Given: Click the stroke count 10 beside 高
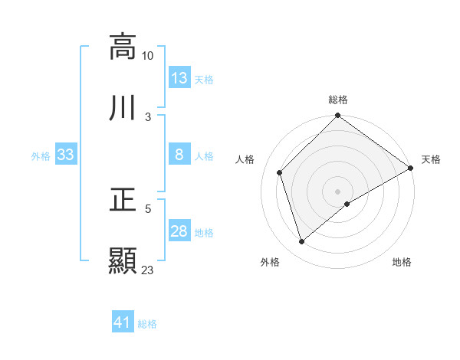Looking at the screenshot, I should [148, 55].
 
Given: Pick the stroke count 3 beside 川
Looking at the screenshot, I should [148, 117].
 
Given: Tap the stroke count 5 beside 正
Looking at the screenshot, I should [148, 208].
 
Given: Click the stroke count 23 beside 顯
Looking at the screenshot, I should [148, 270].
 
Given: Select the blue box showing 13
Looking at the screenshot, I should [179, 77].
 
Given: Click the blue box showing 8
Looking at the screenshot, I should [179, 155].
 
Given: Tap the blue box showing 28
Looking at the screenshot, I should [179, 231].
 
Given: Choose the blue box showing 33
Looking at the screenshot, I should [66, 155].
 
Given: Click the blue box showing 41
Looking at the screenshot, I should [123, 322].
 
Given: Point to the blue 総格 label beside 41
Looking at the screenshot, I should [147, 324].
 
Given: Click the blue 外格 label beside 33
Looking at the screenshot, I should [41, 156].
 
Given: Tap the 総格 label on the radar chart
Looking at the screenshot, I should [338, 100].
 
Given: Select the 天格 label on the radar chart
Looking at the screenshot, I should [431, 159].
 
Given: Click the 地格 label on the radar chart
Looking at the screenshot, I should [402, 262].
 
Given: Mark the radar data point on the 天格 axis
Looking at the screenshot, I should [410, 168].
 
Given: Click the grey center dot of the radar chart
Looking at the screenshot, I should [338, 191].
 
